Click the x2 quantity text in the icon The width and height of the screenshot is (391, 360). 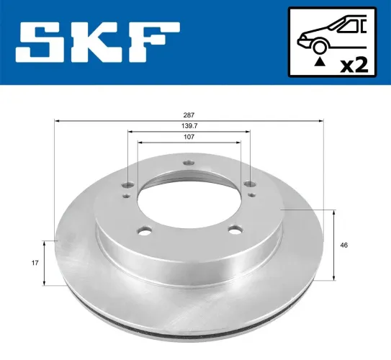coord(352,65)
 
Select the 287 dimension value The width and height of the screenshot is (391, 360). coord(189,115)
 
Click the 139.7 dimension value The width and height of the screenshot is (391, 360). coord(189,125)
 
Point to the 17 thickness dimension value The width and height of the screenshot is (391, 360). coord(34,264)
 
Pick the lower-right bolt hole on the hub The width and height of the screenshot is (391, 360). coord(233,230)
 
